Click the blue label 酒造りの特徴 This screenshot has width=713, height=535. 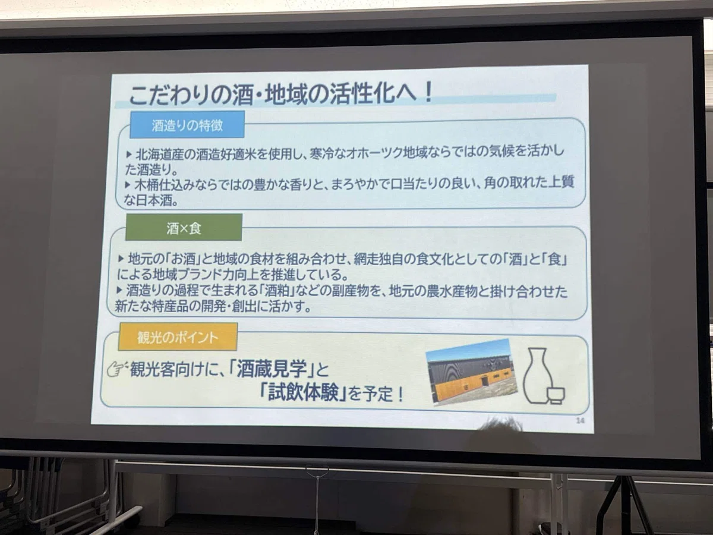pos(187,125)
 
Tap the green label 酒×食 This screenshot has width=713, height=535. pos(184,228)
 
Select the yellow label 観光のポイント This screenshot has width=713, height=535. pos(178,337)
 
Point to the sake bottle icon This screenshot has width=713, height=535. pos(537,376)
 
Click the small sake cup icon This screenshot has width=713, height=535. pos(557,395)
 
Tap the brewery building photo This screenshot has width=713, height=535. pos(472,372)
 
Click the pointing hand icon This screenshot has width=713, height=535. pos(117,369)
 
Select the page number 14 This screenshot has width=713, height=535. pos(580,421)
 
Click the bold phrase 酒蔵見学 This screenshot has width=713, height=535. pos(272,369)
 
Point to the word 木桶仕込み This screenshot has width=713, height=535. pos(165,185)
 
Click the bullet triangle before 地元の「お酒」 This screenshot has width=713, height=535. pos(121,259)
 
